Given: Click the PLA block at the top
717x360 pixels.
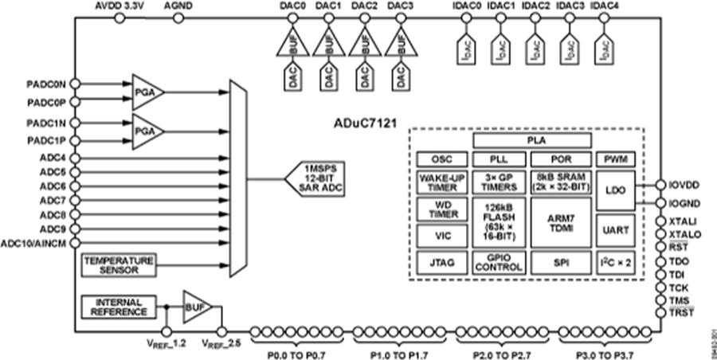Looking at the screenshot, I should pyautogui.click(x=533, y=140).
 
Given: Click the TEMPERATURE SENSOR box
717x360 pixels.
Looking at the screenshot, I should pyautogui.click(x=119, y=265).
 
